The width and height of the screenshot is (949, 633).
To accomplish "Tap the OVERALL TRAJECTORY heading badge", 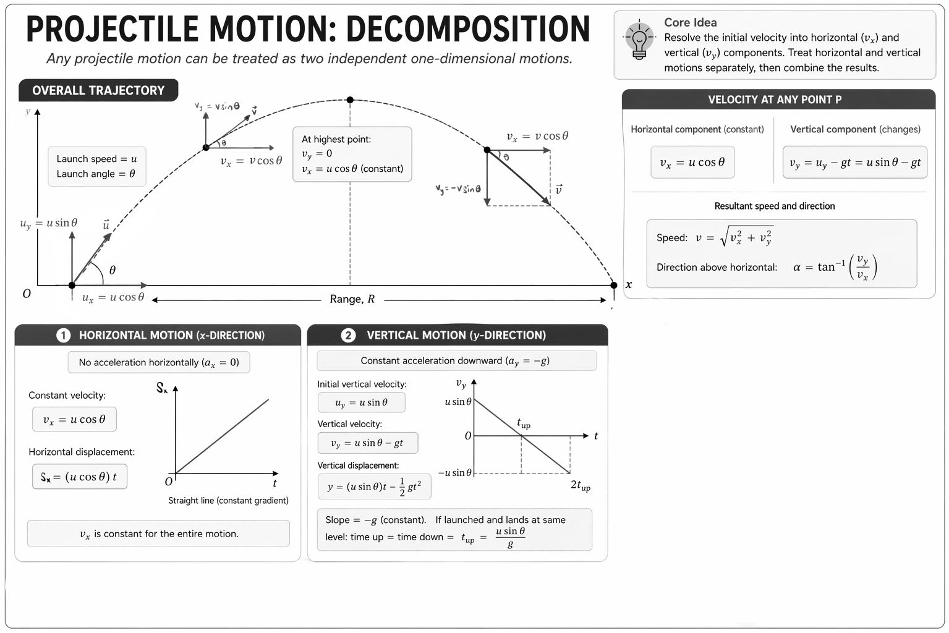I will (x=98, y=90).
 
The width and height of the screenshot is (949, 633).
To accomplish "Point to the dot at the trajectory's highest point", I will (x=350, y=100).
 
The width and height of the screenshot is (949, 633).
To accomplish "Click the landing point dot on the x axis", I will (x=613, y=285).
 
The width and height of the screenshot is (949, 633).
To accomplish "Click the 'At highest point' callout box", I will (x=352, y=154).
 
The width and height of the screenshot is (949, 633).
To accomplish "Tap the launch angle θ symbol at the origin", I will (x=112, y=270).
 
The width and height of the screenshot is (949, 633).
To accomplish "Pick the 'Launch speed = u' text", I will (x=96, y=159).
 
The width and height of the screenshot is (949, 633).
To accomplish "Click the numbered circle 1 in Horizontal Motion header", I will (x=63, y=335).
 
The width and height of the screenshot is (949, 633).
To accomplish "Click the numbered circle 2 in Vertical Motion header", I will (x=348, y=335).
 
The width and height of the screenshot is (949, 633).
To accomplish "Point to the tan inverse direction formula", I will (x=835, y=267).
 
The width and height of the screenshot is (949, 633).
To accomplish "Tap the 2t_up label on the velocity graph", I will (x=580, y=485).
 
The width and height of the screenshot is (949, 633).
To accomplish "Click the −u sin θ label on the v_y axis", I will (x=454, y=473).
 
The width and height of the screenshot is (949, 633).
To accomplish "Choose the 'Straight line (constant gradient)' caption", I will (x=228, y=500).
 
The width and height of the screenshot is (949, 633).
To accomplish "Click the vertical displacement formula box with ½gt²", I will (x=374, y=486).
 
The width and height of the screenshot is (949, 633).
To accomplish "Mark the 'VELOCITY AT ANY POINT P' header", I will (x=778, y=100).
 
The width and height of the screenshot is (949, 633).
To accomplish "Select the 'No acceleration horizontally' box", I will (x=158, y=362).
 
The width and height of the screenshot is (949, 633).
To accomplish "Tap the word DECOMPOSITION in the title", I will (x=467, y=29).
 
